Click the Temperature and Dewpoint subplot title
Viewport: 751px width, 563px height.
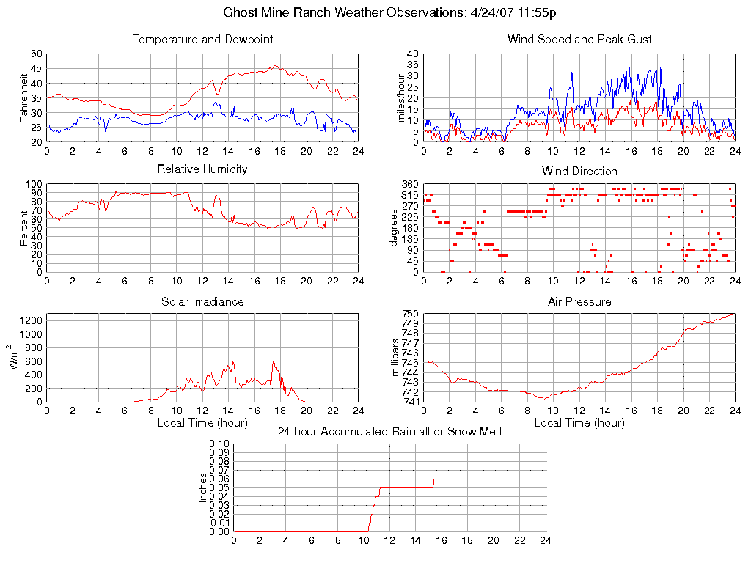click(x=202, y=40)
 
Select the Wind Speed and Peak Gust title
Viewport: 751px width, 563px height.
click(x=579, y=40)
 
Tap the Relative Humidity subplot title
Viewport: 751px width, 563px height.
click(x=202, y=169)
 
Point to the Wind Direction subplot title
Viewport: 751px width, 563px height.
click(x=579, y=172)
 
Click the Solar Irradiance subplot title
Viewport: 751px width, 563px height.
click(x=202, y=301)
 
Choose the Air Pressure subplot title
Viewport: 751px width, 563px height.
click(x=579, y=301)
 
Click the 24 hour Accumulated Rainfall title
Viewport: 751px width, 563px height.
click(x=389, y=432)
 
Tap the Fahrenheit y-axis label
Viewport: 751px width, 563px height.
click(x=24, y=97)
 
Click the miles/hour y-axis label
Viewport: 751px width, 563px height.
click(x=401, y=97)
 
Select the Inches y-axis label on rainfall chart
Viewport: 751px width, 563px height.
click(x=203, y=488)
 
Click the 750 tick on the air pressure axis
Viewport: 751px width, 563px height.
click(x=409, y=314)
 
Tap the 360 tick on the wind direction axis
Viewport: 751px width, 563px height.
click(x=409, y=184)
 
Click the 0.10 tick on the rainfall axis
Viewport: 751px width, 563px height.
click(x=219, y=444)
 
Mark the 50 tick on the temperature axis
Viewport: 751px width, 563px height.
click(x=37, y=54)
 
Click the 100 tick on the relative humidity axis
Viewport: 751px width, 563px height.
click(x=34, y=184)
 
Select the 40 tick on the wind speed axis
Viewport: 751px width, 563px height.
click(x=413, y=54)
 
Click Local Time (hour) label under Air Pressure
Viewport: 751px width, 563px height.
click(x=579, y=423)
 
